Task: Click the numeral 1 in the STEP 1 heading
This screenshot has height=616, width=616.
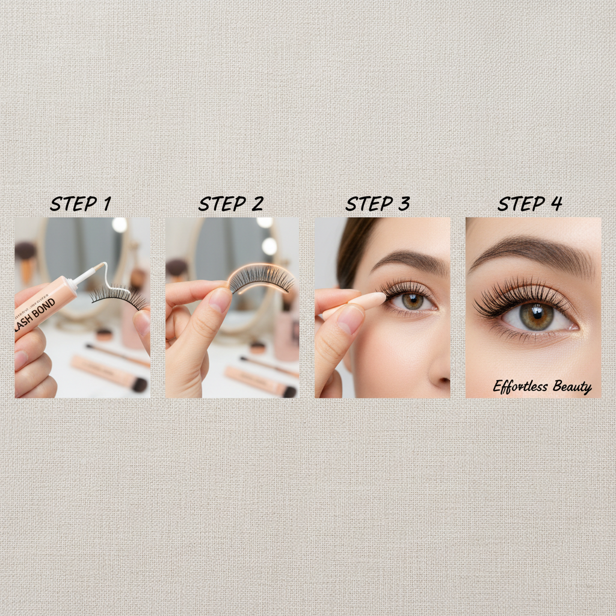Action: pos(106,204)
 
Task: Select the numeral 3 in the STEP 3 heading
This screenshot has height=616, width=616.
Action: pos(402,204)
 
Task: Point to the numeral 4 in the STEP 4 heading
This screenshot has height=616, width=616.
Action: pos(555,204)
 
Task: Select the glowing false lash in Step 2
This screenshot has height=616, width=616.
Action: pos(262,279)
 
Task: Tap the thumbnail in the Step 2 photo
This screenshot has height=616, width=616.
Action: pos(220,300)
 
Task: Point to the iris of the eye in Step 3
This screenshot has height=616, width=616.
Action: pos(413,301)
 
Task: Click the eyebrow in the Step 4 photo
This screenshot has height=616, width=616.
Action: pos(529,250)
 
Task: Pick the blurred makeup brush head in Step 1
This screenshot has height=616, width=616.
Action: pos(26,250)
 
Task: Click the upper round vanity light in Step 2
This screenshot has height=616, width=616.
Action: pos(265,222)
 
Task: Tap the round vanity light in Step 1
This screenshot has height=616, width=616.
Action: pos(120,225)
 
